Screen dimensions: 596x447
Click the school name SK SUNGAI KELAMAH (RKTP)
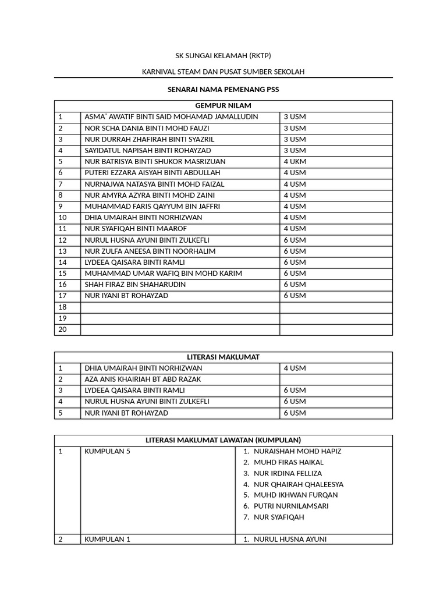click(223, 56)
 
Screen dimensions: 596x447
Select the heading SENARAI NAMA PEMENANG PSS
click(223, 90)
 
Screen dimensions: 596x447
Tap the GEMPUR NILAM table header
click(223, 105)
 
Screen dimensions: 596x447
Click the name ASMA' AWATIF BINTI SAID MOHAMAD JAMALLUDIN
click(171, 116)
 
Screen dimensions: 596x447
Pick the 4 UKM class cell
click(295, 161)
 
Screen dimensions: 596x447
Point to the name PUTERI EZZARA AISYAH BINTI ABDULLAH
click(152, 172)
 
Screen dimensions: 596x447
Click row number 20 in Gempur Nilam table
click(63, 329)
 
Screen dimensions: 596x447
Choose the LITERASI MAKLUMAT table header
click(223, 357)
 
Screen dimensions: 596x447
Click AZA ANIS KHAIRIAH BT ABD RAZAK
click(143, 379)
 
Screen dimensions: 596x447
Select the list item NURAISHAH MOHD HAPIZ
click(297, 451)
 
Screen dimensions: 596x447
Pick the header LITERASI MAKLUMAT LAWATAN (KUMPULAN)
click(223, 440)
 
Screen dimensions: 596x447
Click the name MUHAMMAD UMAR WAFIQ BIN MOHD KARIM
click(163, 273)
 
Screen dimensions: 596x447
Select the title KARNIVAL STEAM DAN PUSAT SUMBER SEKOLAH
click(223, 72)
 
